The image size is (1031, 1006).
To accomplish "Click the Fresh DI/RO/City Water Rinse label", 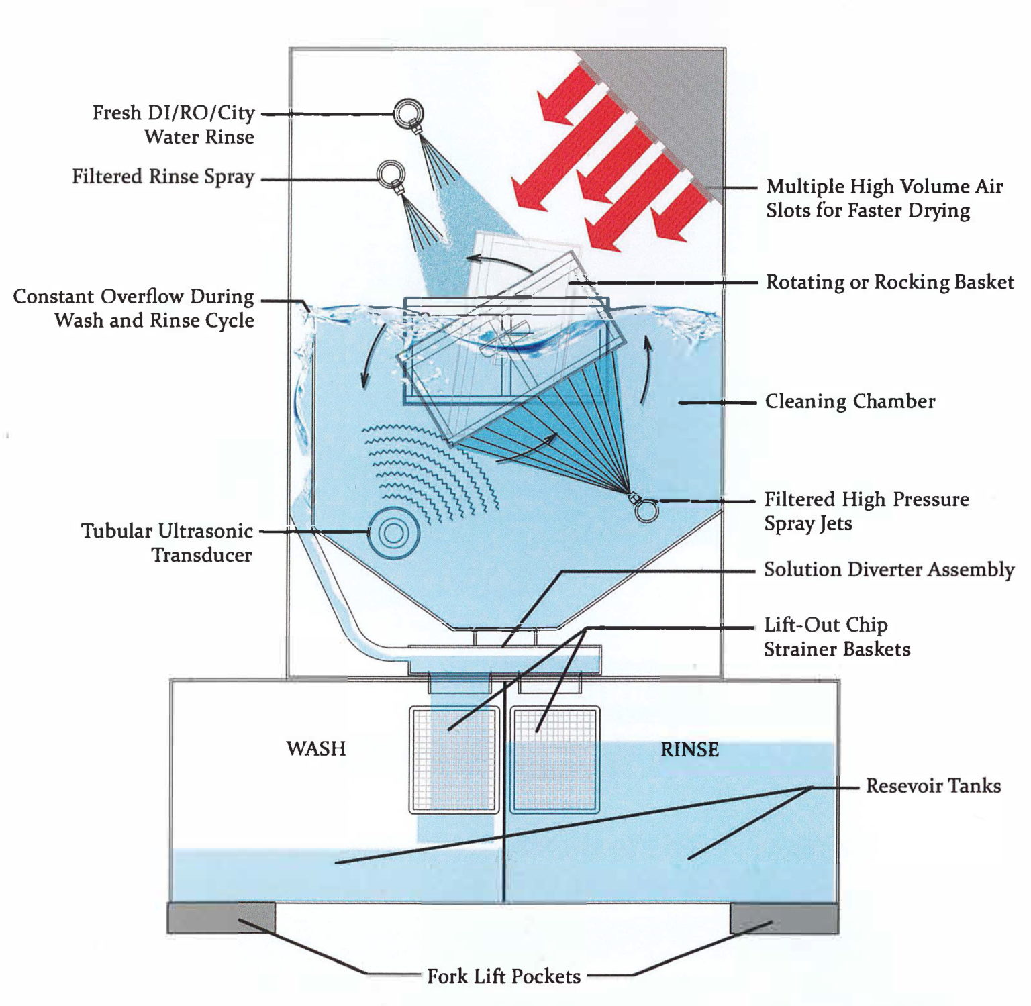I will tap(173, 124).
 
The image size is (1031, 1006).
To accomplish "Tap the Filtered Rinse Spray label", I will tap(163, 177).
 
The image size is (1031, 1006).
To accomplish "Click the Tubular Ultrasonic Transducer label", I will tap(167, 542).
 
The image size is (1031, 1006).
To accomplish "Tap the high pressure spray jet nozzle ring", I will tap(646, 511).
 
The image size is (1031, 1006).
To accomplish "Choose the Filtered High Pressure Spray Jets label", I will tap(866, 511).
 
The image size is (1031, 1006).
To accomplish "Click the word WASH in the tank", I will tap(315, 748).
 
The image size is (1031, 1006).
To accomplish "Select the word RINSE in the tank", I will tap(689, 749).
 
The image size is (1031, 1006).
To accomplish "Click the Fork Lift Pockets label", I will tap(503, 976).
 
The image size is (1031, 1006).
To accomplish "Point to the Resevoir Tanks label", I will tap(933, 786).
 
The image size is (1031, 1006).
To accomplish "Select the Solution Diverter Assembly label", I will tap(889, 570).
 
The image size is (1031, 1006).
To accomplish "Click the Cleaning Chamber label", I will tap(850, 401).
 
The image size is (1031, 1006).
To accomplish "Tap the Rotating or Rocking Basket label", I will tap(889, 282).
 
